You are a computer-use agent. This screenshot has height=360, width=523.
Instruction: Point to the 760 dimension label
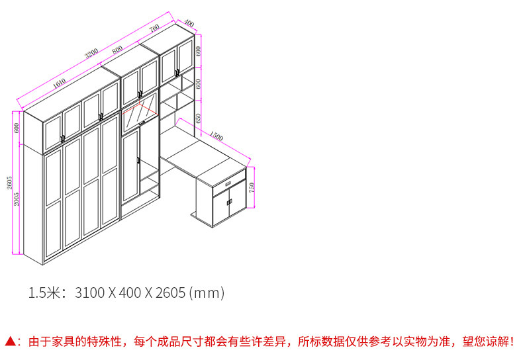tap(154, 28)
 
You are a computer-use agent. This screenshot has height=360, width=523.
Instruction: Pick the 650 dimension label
tap(198, 118)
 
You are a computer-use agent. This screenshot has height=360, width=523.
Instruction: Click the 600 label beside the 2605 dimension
tap(17, 127)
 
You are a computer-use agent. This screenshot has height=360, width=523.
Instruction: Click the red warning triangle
tap(10, 341)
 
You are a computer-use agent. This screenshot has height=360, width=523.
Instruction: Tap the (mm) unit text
tap(207, 292)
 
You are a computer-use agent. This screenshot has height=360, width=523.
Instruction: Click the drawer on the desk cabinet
tap(228, 183)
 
